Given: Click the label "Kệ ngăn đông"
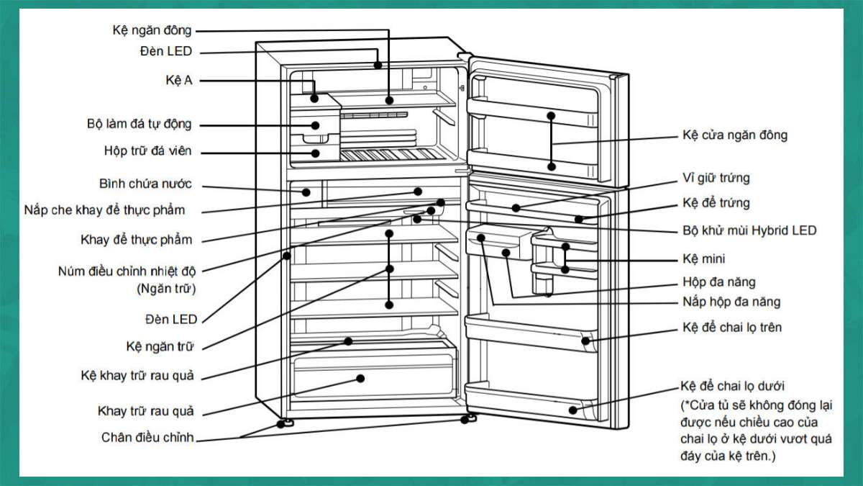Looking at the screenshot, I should click(x=152, y=30).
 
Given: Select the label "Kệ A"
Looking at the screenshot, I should click(x=179, y=81).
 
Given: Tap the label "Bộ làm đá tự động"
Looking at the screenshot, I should click(x=140, y=124).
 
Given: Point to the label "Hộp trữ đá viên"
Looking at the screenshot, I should click(x=148, y=152).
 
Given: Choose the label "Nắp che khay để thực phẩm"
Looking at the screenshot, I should click(x=105, y=210).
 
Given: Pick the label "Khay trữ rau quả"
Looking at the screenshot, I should click(x=146, y=411).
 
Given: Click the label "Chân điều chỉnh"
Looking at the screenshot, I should click(x=147, y=437).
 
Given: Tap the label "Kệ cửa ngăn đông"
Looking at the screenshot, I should click(x=734, y=135).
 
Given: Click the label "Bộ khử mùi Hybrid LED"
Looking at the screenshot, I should click(x=749, y=230).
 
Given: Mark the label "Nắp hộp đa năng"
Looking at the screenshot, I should click(x=731, y=302).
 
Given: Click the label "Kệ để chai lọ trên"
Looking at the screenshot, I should click(x=731, y=328).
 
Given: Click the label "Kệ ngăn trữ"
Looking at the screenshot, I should click(x=160, y=346).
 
